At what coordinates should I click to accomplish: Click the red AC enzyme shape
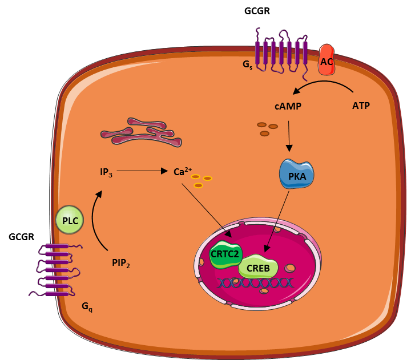click(327, 60)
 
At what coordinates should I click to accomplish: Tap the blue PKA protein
click(297, 173)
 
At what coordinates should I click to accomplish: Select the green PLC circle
click(70, 220)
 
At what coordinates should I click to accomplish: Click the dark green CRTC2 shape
click(225, 254)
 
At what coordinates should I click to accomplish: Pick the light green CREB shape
click(258, 266)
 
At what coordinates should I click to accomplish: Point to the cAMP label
click(288, 106)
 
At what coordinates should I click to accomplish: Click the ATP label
click(361, 106)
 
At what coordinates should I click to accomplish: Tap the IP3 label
click(106, 172)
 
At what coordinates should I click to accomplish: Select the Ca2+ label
click(183, 171)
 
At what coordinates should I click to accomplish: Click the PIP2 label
click(121, 263)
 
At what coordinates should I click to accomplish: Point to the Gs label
click(247, 64)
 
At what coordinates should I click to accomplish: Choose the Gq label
click(87, 307)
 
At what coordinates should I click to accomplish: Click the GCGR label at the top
click(257, 11)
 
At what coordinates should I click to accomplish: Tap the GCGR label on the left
click(21, 237)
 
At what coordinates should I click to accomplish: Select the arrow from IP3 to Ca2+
click(142, 171)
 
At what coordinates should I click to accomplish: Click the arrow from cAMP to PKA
click(289, 136)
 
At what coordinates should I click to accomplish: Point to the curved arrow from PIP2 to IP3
click(93, 220)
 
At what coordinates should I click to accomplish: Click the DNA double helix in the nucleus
click(255, 283)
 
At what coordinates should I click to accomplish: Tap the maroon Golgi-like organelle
click(141, 132)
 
